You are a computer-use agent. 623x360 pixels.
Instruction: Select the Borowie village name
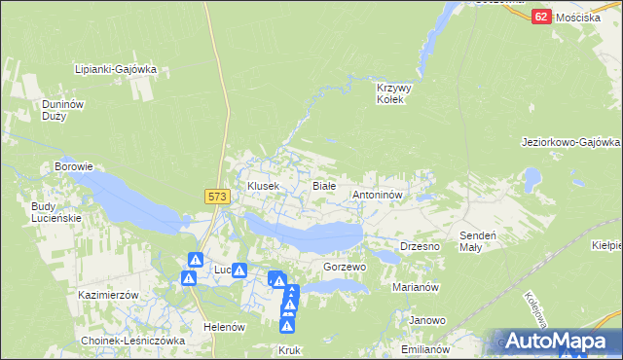[x=73, y=166]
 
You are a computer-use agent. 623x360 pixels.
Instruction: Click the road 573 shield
[x=217, y=197]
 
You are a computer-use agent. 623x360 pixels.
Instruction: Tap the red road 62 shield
[x=542, y=18]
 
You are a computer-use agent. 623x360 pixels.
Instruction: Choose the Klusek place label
[x=263, y=185]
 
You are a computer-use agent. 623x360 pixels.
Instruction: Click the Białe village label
[x=323, y=185]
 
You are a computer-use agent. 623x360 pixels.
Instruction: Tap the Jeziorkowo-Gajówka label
[x=570, y=142]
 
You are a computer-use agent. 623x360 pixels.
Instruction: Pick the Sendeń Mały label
[x=478, y=241]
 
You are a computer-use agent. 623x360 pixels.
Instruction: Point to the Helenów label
[x=223, y=327]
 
